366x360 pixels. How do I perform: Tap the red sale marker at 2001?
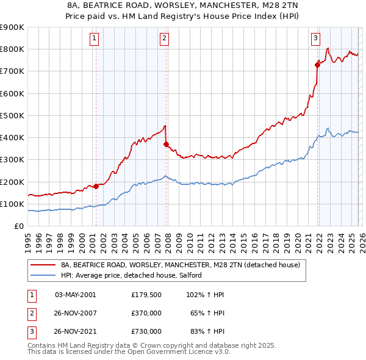point(96,186)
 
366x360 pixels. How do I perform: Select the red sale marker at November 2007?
point(166,144)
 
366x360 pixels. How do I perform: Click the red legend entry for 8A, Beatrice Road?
point(181,265)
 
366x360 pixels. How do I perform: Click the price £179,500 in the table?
point(146,294)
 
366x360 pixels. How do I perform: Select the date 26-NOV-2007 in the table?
point(76,312)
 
